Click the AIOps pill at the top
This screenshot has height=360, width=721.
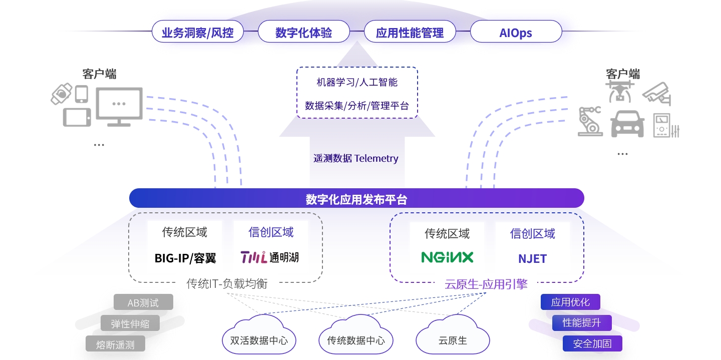pos(516,33)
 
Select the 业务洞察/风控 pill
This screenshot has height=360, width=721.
pos(197,33)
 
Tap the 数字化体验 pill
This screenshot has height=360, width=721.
pos(303,33)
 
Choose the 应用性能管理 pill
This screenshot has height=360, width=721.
pos(410,33)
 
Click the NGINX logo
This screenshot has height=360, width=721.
pos(447,257)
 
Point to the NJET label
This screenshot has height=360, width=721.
pos(532,259)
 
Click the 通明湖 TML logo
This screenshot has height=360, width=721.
pos(270,257)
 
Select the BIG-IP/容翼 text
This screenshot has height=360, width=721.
pos(185,258)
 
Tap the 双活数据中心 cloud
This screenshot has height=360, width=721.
pos(259,339)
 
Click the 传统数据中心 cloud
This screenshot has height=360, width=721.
pos(356,339)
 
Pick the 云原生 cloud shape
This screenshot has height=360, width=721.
pos(453,339)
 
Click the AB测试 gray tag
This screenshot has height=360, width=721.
pos(143,302)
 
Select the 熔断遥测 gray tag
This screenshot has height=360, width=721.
pos(116,344)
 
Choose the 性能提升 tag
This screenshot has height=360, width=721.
pos(582,322)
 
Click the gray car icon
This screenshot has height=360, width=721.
pos(627,124)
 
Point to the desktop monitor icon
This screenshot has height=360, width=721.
pos(119,106)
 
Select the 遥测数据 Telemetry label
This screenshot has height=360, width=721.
pos(356,159)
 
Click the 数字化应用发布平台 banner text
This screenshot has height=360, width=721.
pos(356,200)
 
